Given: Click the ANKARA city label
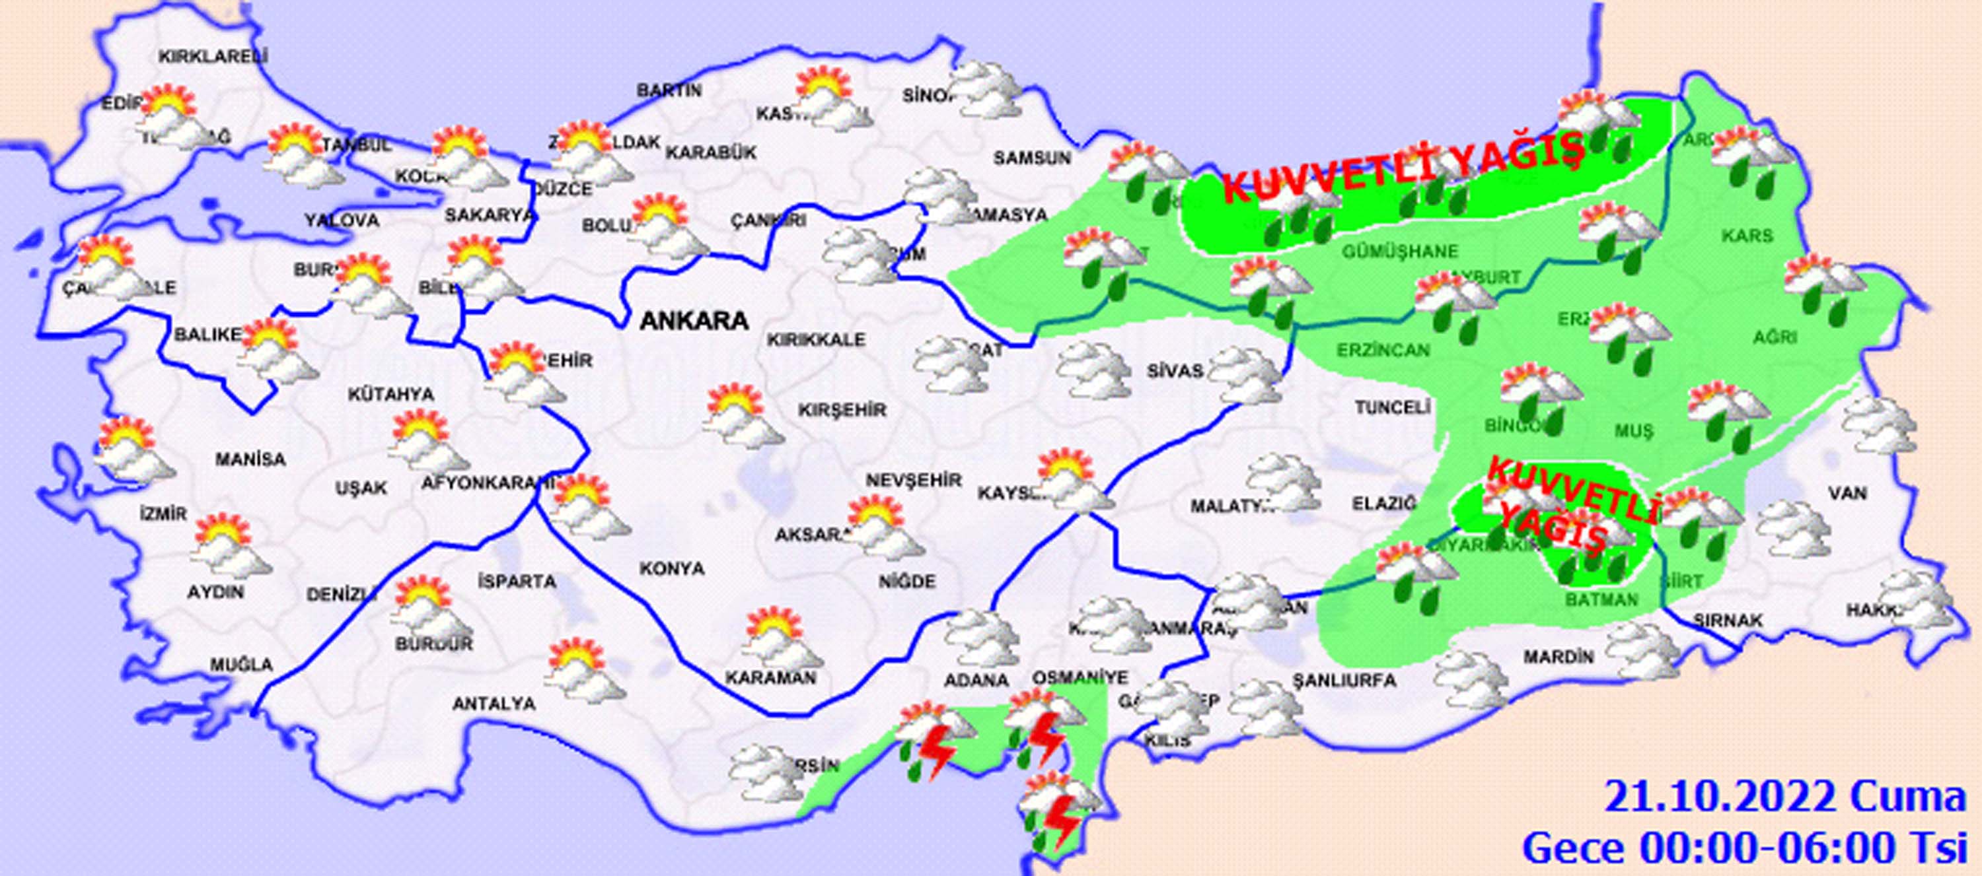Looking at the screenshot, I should coord(693,320).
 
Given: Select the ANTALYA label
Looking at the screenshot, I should coord(494,703).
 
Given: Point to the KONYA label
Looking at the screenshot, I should coord(672,568).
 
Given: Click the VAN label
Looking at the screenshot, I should coord(1847,492).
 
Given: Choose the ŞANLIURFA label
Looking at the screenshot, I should coord(1343,681).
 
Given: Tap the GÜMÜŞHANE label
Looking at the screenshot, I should coord(1399,252).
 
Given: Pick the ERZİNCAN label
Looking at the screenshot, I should coord(1383,351).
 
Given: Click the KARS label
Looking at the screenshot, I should coord(1748,236).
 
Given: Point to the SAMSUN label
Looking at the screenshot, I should coord(1032,158).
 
